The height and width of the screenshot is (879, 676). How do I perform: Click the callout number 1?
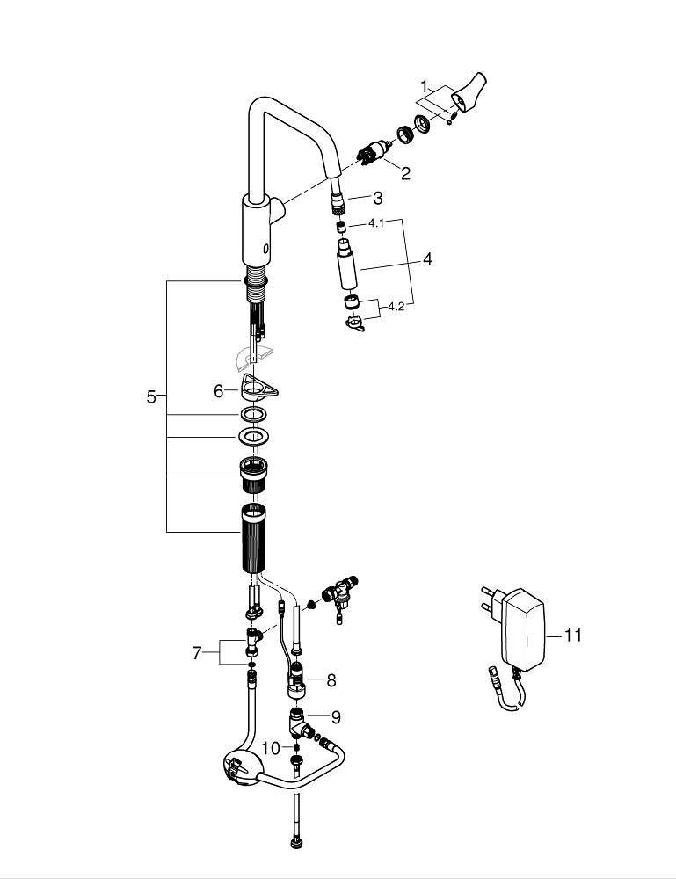[424, 86]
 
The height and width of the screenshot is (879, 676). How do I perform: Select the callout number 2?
[405, 173]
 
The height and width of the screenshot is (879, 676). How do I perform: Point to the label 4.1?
[376, 224]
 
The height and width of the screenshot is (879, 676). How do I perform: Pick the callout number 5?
[151, 397]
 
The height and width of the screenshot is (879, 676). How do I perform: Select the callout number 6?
[218, 391]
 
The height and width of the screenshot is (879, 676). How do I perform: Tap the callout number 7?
[197, 652]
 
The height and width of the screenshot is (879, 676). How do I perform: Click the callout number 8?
[331, 679]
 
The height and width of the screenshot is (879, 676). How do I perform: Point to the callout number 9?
[335, 717]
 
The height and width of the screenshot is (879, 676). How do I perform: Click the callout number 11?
[572, 635]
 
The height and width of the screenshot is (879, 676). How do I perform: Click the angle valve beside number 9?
[304, 726]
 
